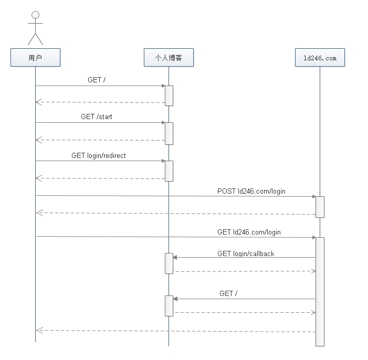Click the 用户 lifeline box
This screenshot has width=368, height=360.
tap(35, 58)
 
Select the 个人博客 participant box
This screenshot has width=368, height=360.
tap(169, 58)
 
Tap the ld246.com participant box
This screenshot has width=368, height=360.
tap(320, 58)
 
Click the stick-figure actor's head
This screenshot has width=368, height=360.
tap(35, 15)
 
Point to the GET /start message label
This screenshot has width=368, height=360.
tap(97, 117)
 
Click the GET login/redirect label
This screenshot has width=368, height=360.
tap(99, 156)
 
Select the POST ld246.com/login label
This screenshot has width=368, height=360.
tap(251, 192)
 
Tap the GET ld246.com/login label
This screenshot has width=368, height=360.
tap(249, 232)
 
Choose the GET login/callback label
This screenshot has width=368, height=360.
tap(246, 254)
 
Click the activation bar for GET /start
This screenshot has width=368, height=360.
tap(169, 133)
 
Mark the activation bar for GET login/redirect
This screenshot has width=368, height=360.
tap(169, 171)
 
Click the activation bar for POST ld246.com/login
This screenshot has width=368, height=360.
tap(320, 207)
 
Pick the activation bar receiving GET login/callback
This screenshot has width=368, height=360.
tap(169, 263)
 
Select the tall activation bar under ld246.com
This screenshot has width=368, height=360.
tap(320, 291)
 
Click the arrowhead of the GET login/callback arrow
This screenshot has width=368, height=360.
tap(175, 257)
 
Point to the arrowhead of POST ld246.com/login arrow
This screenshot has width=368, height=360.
tap(313, 197)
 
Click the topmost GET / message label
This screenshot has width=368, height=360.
tap(97, 80)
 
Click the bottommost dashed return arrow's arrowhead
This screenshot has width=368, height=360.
tap(38, 330)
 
